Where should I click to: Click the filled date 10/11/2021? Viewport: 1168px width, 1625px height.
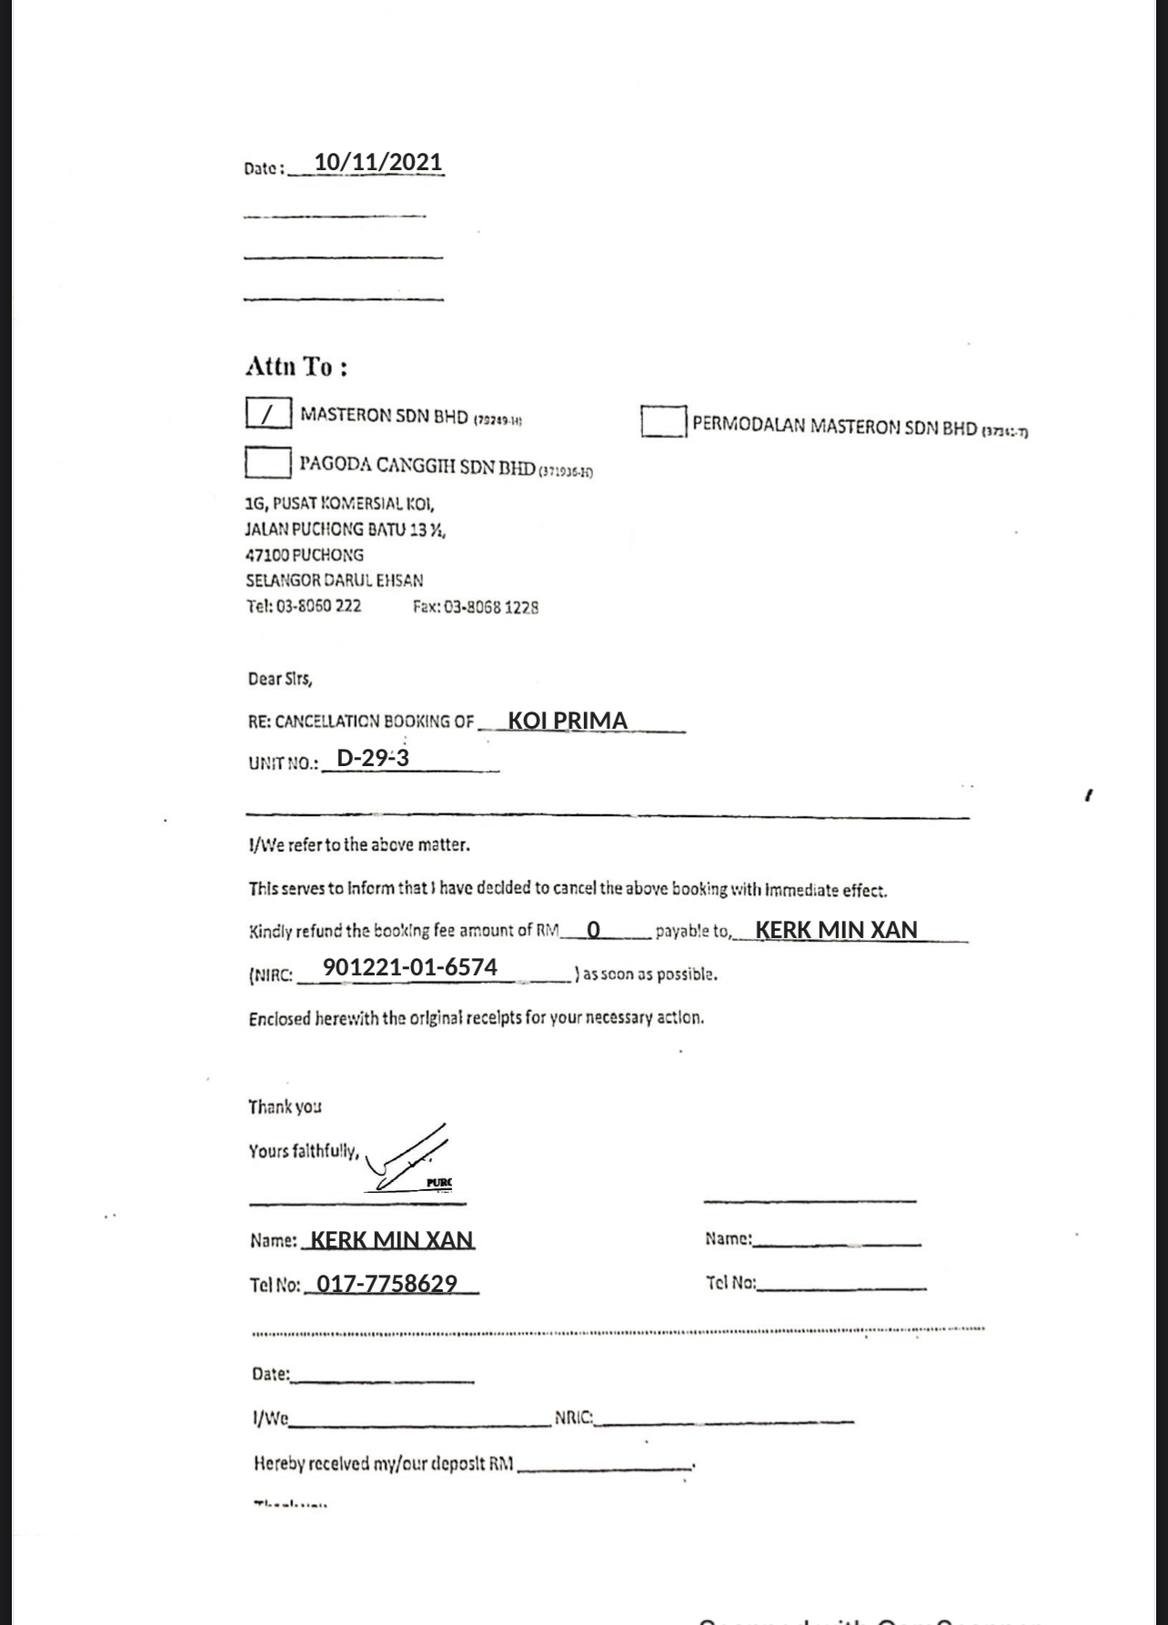click(x=378, y=162)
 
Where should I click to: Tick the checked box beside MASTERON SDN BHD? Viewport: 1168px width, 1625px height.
click(x=268, y=414)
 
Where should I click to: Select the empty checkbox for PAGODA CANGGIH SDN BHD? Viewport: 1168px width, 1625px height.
click(x=267, y=462)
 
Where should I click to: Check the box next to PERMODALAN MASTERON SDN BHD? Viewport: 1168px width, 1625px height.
click(x=663, y=421)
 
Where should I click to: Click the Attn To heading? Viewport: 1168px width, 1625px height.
click(x=297, y=367)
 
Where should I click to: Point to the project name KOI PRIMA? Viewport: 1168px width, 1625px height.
click(x=568, y=721)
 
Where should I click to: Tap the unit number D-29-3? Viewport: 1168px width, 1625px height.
click(x=373, y=758)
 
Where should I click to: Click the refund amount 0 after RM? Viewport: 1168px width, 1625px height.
click(x=594, y=930)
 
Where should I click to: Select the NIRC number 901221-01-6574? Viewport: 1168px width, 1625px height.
click(x=410, y=967)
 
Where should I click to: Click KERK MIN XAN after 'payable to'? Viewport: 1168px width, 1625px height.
click(x=836, y=930)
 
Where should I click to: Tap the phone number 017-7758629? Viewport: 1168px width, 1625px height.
click(x=387, y=1284)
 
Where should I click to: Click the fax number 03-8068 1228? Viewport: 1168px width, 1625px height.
click(x=475, y=607)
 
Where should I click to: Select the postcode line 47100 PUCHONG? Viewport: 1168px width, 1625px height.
click(x=305, y=555)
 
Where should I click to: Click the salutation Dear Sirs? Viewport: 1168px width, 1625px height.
click(x=279, y=679)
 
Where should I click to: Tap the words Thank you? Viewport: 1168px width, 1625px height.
click(x=285, y=1106)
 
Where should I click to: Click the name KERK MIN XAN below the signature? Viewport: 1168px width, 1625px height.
click(x=392, y=1240)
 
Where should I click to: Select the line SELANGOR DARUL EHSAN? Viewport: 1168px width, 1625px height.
click(x=334, y=580)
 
